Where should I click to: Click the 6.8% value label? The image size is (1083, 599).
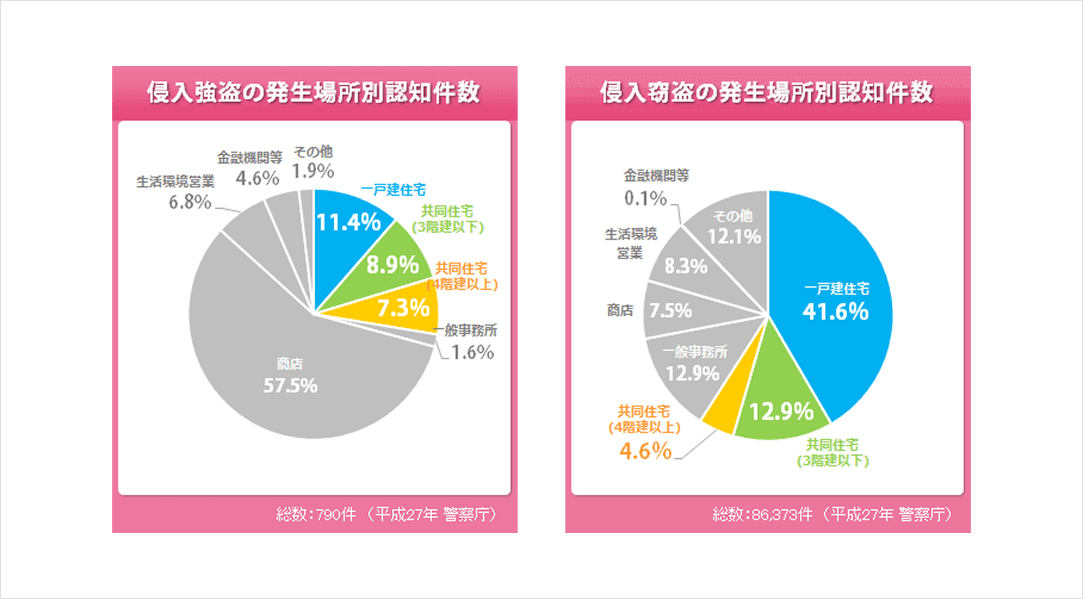190,203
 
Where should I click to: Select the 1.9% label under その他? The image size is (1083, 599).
313,171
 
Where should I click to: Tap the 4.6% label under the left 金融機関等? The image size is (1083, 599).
257,179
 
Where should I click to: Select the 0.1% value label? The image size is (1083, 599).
645,198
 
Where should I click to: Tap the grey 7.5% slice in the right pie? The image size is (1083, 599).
671,311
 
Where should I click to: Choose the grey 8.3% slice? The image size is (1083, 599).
685,267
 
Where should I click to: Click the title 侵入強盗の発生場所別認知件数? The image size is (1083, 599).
314,92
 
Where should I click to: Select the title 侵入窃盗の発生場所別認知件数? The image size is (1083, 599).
767,92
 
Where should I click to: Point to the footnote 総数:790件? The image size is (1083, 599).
316,514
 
